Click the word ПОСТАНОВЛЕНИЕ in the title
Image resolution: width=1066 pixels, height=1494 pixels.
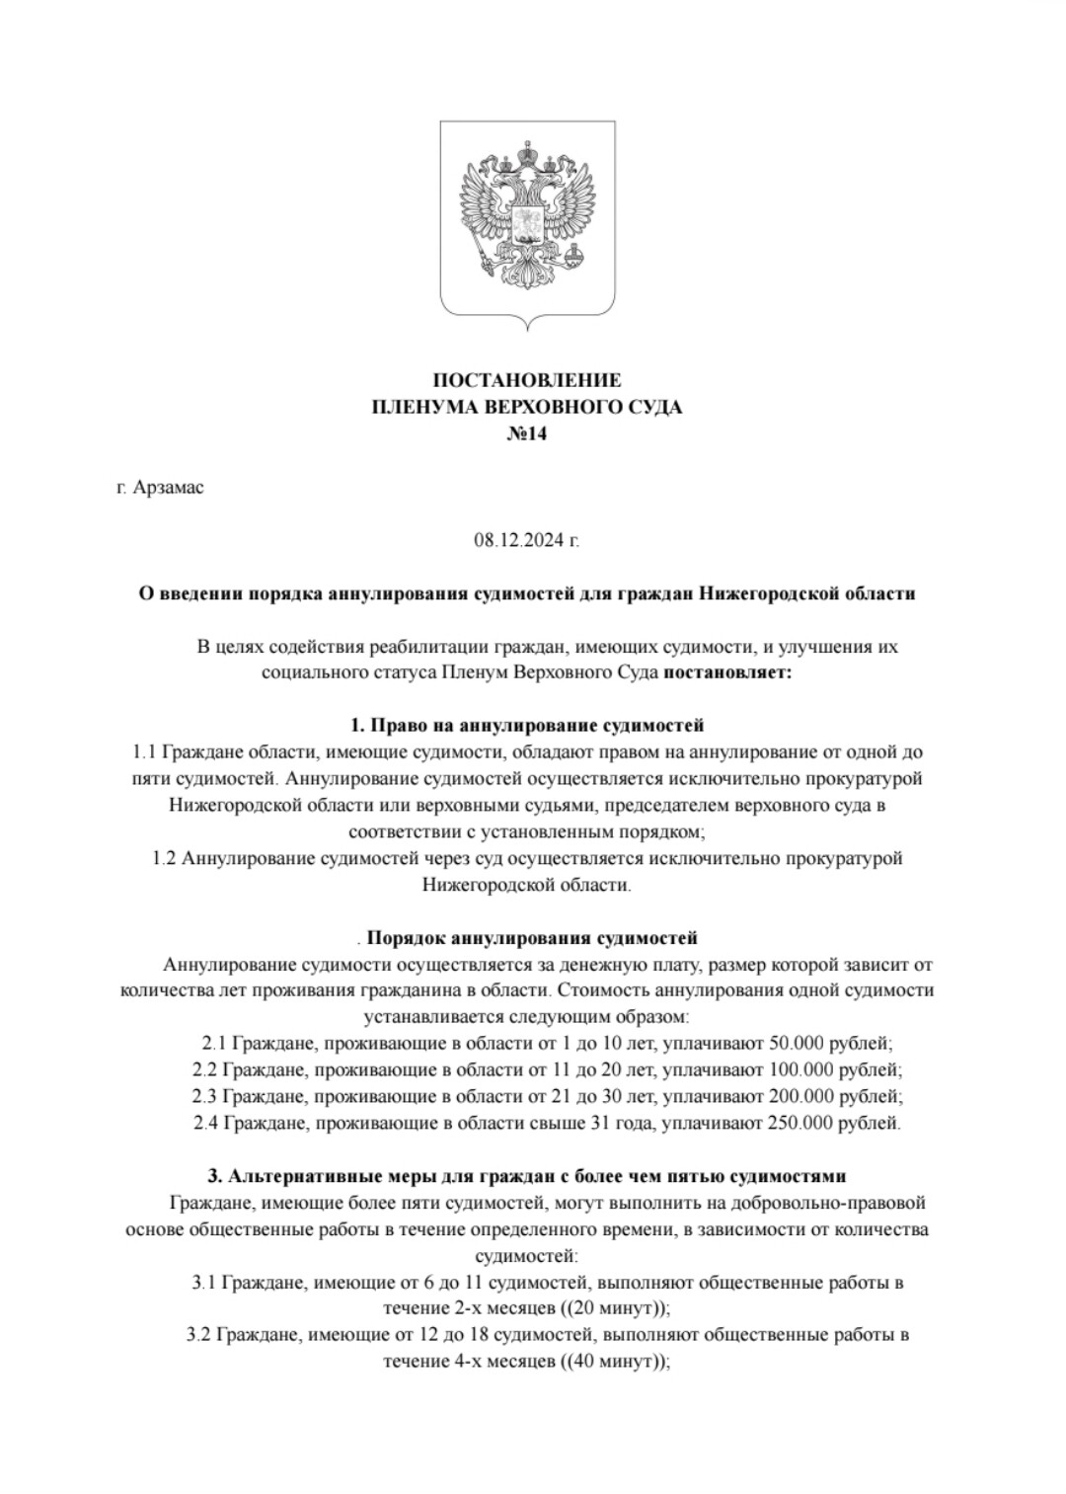[x=527, y=380]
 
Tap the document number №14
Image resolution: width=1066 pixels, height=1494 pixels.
[x=527, y=432]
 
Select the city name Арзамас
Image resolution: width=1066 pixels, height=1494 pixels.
[x=168, y=487]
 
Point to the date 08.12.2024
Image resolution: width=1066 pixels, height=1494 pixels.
[x=520, y=540]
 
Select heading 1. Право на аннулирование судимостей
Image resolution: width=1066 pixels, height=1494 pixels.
[x=527, y=725]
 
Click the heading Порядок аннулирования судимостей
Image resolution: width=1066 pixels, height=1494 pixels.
[x=532, y=937]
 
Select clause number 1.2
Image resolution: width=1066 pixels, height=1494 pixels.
[x=164, y=858]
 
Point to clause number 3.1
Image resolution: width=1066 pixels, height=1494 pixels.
[x=203, y=1284]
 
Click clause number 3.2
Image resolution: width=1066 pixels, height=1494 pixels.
[x=198, y=1336]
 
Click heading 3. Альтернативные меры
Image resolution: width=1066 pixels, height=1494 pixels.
[x=527, y=1176]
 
